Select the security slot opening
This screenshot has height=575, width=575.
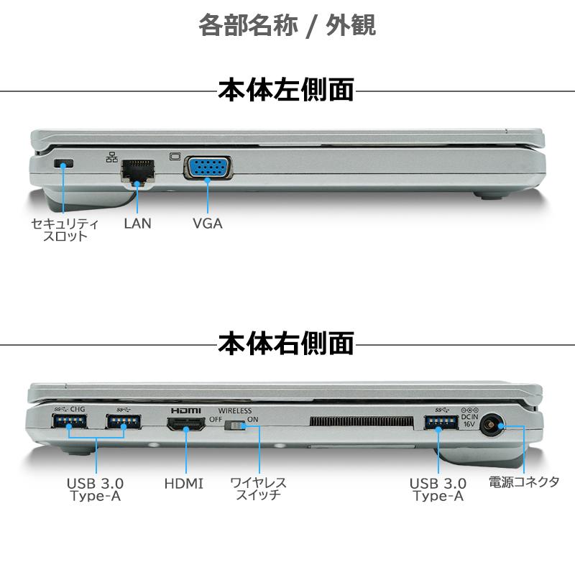pos(64,165)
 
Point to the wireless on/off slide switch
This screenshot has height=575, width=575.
pos(234,427)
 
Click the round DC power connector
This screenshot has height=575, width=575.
pos(492,425)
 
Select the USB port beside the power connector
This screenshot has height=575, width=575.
pos(438,424)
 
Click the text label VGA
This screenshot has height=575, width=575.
pos(207,223)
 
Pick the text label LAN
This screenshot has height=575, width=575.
pos(137,223)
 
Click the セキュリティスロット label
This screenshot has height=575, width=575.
pos(65,229)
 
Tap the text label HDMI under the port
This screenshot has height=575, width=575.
pos(183,484)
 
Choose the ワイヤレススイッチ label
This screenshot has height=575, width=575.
pos(257,489)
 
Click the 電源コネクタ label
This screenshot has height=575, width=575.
pos(524,482)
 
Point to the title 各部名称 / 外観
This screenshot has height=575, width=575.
pos(287,26)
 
